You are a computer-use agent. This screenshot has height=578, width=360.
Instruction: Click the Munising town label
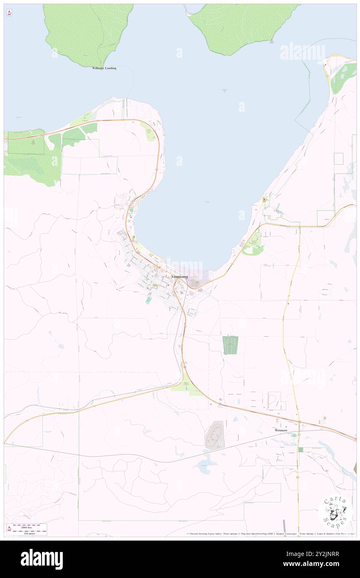coord(180,277)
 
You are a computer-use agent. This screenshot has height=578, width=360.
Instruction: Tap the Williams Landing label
coord(104,68)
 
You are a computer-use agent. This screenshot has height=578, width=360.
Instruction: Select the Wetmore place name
coord(281,430)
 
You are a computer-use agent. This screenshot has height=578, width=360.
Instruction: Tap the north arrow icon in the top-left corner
coord(9,13)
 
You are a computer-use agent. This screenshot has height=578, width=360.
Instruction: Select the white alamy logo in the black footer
coord(42,559)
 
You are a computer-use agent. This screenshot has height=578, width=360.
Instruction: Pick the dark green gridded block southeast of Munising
coord(230,345)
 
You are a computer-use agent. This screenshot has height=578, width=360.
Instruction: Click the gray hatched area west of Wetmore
coord(215,435)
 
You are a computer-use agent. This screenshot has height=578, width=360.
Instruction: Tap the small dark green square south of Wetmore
coord(301,450)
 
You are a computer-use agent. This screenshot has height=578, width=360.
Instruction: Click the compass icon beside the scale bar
coord(9,529)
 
